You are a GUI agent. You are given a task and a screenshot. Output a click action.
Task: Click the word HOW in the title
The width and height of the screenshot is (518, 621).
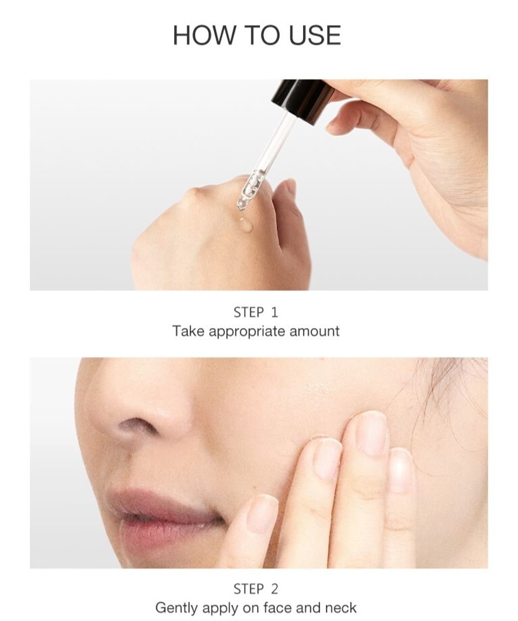coord(203,35)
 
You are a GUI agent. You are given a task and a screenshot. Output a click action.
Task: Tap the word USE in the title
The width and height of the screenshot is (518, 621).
coord(315,35)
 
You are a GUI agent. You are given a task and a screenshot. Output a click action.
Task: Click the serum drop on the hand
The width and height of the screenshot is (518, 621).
coord(246,225)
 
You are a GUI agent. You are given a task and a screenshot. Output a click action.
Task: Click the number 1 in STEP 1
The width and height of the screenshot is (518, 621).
coord(275,312)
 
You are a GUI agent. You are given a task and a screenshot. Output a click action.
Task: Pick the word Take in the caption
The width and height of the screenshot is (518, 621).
coord(189,331)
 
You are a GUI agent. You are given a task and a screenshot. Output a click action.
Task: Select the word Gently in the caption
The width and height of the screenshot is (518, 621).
coord(177,608)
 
